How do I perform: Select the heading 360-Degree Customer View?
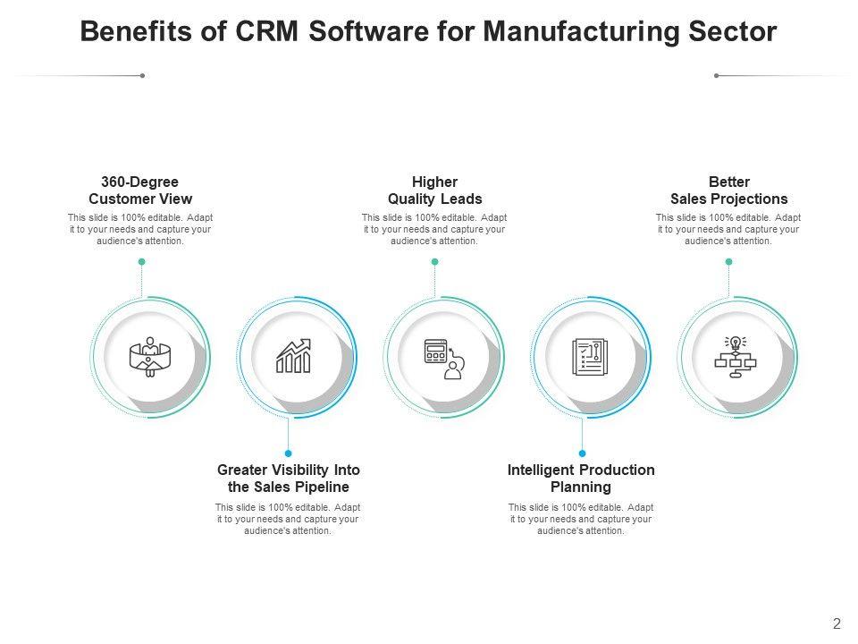(140, 191)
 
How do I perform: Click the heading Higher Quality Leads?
(434, 191)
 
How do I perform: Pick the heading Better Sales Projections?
(728, 191)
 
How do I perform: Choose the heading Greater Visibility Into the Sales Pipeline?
(288, 479)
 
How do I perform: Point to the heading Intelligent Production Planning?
(581, 479)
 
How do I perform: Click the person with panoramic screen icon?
(150, 357)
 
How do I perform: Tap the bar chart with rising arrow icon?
(293, 357)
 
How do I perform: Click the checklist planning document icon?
(590, 357)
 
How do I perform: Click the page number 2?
(837, 625)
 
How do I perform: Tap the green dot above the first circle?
(141, 262)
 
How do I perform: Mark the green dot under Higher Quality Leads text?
(434, 262)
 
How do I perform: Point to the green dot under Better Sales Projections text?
(728, 262)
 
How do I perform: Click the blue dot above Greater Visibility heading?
(288, 453)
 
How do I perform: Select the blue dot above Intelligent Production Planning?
(582, 453)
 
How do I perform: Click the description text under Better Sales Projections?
(728, 229)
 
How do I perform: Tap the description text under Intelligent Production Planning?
(581, 519)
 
